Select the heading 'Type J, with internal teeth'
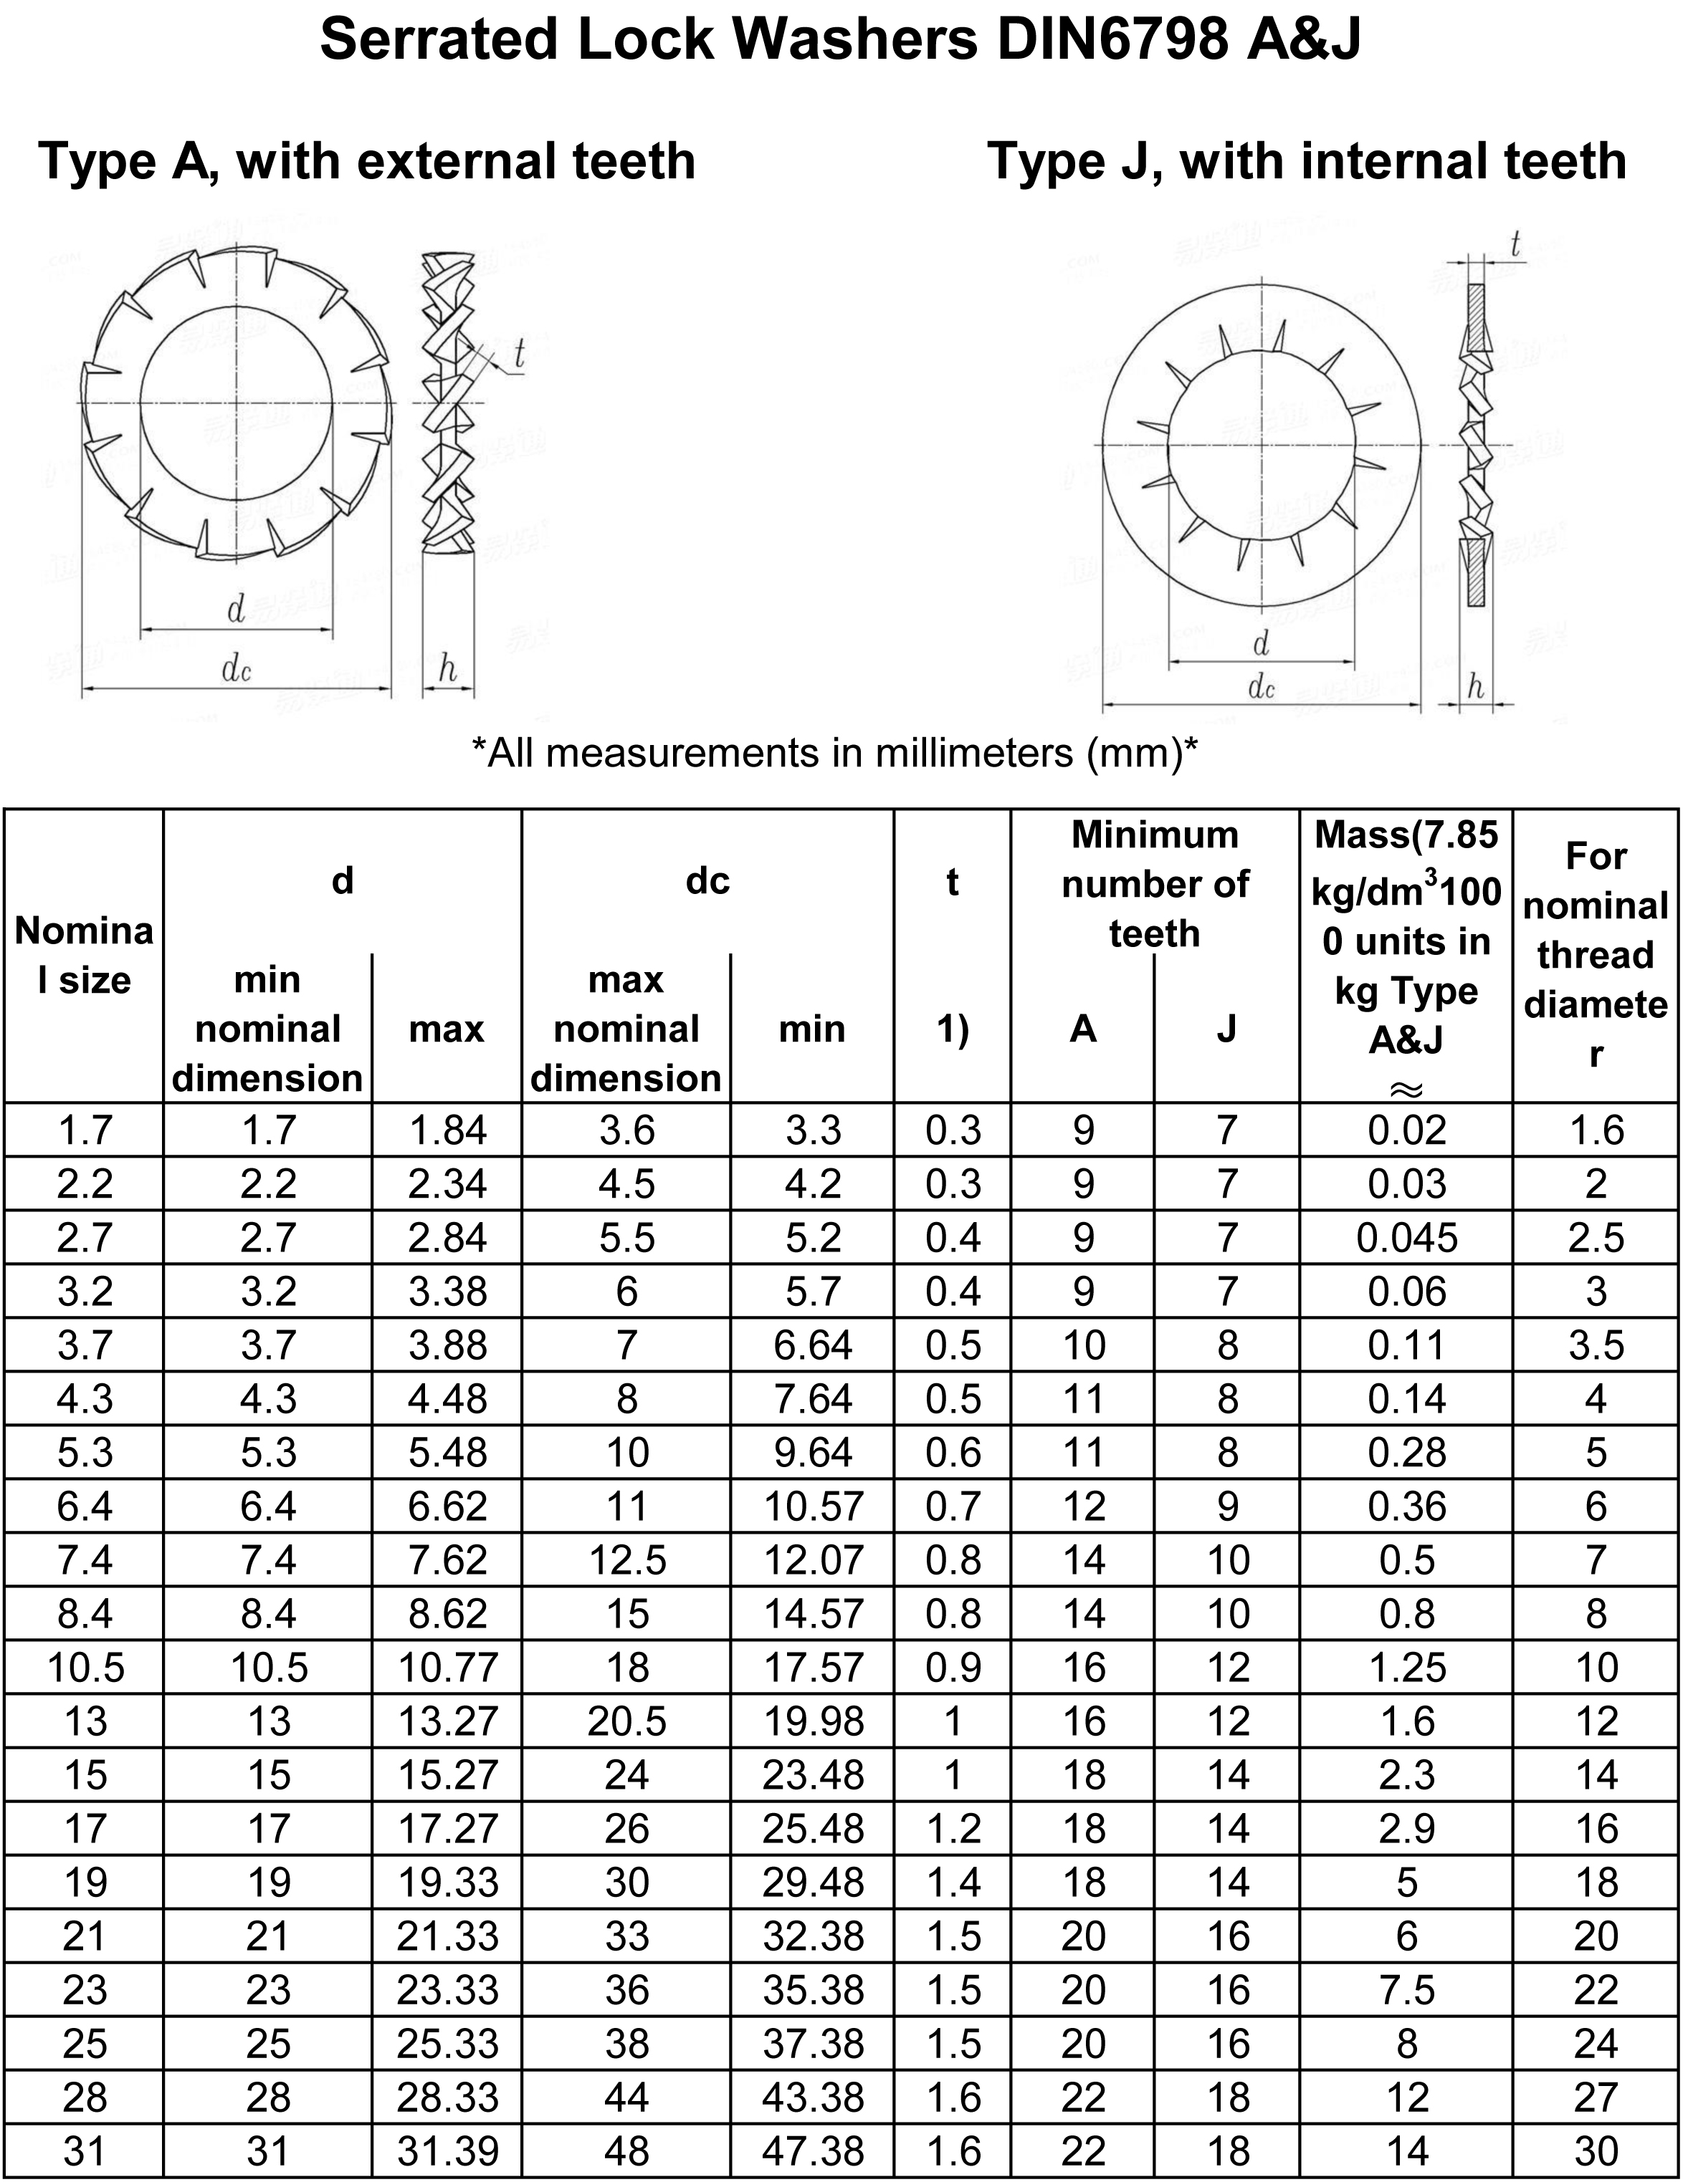[1306, 162]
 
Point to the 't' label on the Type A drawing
[519, 354]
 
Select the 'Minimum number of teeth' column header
[1154, 883]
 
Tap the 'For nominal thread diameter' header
[1595, 954]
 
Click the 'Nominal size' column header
[84, 955]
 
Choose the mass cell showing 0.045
[1406, 1238]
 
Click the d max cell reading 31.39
[447, 2151]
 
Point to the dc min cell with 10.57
[813, 1506]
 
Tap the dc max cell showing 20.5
[626, 1721]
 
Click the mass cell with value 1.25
[1406, 1668]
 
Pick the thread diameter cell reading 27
[1595, 2097]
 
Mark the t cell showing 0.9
[953, 1668]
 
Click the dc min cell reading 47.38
[813, 2151]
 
